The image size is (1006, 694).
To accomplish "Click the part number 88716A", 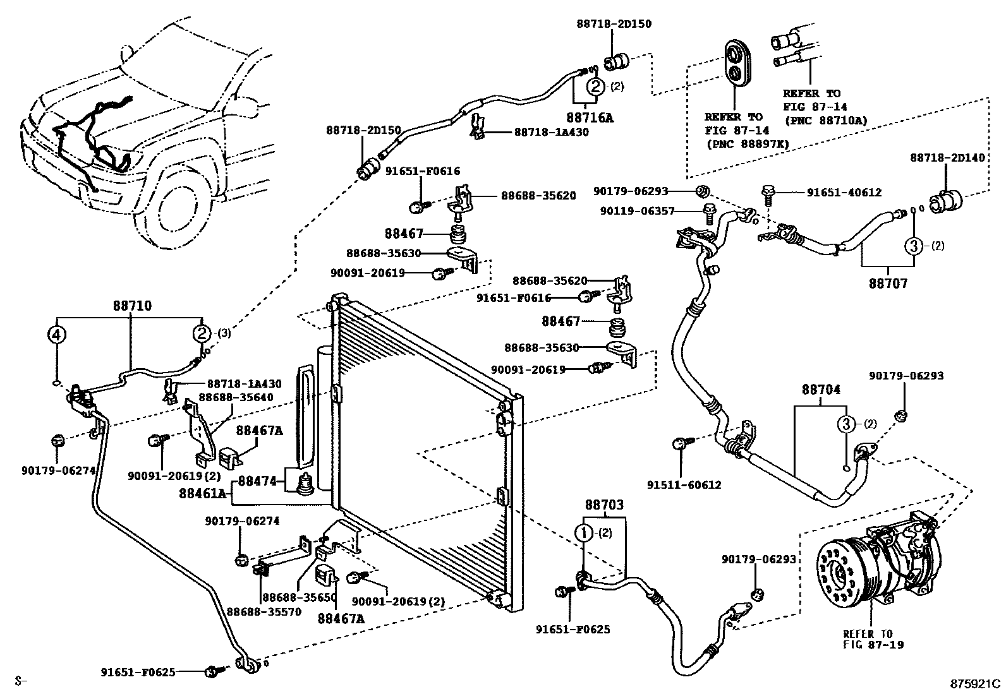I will tap(590, 117).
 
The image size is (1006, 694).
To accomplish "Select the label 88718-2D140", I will tap(947, 157).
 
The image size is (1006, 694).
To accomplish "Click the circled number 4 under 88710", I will tap(57, 334).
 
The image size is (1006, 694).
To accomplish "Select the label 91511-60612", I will tap(684, 485).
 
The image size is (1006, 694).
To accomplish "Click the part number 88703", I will tap(603, 505).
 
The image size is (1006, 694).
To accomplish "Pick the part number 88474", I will tap(258, 482).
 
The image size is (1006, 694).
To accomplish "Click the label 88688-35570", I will tap(264, 611).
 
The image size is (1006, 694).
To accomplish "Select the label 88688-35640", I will tap(236, 397).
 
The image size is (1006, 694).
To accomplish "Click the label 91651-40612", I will tap(844, 193).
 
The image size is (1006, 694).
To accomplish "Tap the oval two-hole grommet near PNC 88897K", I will tap(736, 62).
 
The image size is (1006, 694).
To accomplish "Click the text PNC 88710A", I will tap(825, 120).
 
